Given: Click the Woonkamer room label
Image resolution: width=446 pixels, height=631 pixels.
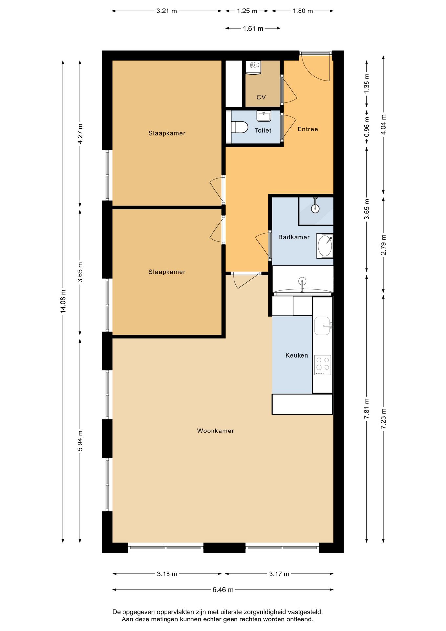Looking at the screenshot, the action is pos(215,431).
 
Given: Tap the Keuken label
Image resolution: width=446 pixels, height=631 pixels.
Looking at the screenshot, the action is pos(297,355).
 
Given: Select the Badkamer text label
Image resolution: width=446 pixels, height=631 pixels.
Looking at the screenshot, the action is pos(294,237).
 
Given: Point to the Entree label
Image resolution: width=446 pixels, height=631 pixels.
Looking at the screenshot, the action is pos(308,129).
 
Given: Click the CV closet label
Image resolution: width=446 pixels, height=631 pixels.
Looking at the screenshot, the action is pos(261,97).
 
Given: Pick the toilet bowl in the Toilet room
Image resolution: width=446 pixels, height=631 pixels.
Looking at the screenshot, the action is pos(239,127).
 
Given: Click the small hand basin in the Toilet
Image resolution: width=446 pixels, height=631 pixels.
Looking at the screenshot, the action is pos(264,116).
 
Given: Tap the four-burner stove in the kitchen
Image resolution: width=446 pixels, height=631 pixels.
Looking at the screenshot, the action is pos(323,365).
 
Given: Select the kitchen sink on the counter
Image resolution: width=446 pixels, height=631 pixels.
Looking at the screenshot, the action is pos(323,326).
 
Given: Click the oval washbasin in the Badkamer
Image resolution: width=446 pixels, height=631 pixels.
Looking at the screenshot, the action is pos(324,246).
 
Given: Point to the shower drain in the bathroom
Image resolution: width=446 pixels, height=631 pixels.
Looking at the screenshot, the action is pos(315,208).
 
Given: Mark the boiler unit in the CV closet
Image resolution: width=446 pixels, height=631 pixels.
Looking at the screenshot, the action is pos(255,67).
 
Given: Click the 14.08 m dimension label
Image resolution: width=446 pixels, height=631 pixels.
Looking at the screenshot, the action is pos(63,301).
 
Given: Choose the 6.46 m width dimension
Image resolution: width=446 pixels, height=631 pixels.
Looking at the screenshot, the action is pos(223,590).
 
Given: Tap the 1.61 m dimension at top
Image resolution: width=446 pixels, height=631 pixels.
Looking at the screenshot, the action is pos(253,29).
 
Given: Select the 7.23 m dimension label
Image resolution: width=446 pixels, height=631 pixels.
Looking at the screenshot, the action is pos(383,418).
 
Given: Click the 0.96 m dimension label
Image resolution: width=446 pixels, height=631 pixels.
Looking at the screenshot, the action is pos(367,127).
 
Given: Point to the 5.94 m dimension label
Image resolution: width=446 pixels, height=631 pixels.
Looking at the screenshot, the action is pos(80,441).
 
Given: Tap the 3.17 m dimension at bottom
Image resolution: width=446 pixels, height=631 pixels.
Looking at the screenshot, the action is pos(279,574).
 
